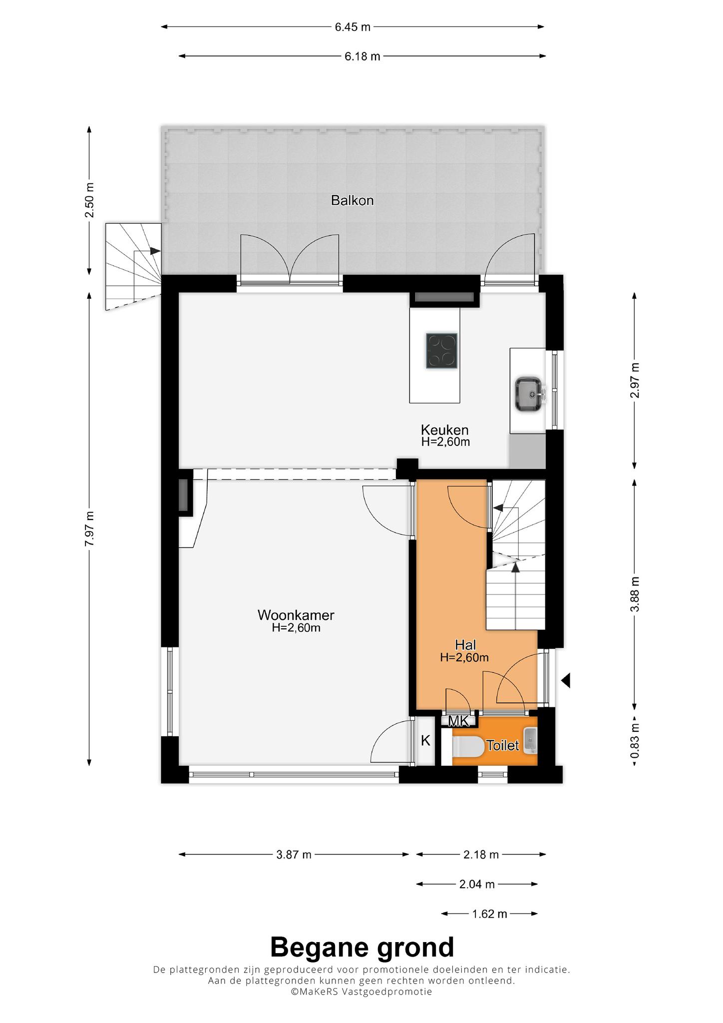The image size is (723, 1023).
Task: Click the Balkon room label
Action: [352, 201]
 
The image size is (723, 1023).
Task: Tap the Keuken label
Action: [444, 430]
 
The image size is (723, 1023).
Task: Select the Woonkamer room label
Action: [296, 615]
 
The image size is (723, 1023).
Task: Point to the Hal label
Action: [465, 645]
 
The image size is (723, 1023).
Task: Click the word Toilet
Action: [503, 746]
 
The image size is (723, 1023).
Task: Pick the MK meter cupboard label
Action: [458, 721]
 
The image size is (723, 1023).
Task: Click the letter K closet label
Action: [425, 740]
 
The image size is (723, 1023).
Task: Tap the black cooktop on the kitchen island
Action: [441, 351]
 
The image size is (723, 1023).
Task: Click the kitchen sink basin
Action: [530, 395]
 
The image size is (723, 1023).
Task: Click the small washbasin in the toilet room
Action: [530, 740]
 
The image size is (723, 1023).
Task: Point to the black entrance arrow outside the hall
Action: [565, 680]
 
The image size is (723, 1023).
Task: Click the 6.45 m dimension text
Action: [353, 27]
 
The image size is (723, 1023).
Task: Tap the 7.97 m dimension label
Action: [89, 529]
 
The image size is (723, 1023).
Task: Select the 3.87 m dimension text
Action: [294, 855]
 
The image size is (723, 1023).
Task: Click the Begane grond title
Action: [362, 947]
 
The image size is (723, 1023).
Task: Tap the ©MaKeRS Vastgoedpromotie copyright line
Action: [362, 991]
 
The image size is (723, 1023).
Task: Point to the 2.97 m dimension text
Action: [635, 380]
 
